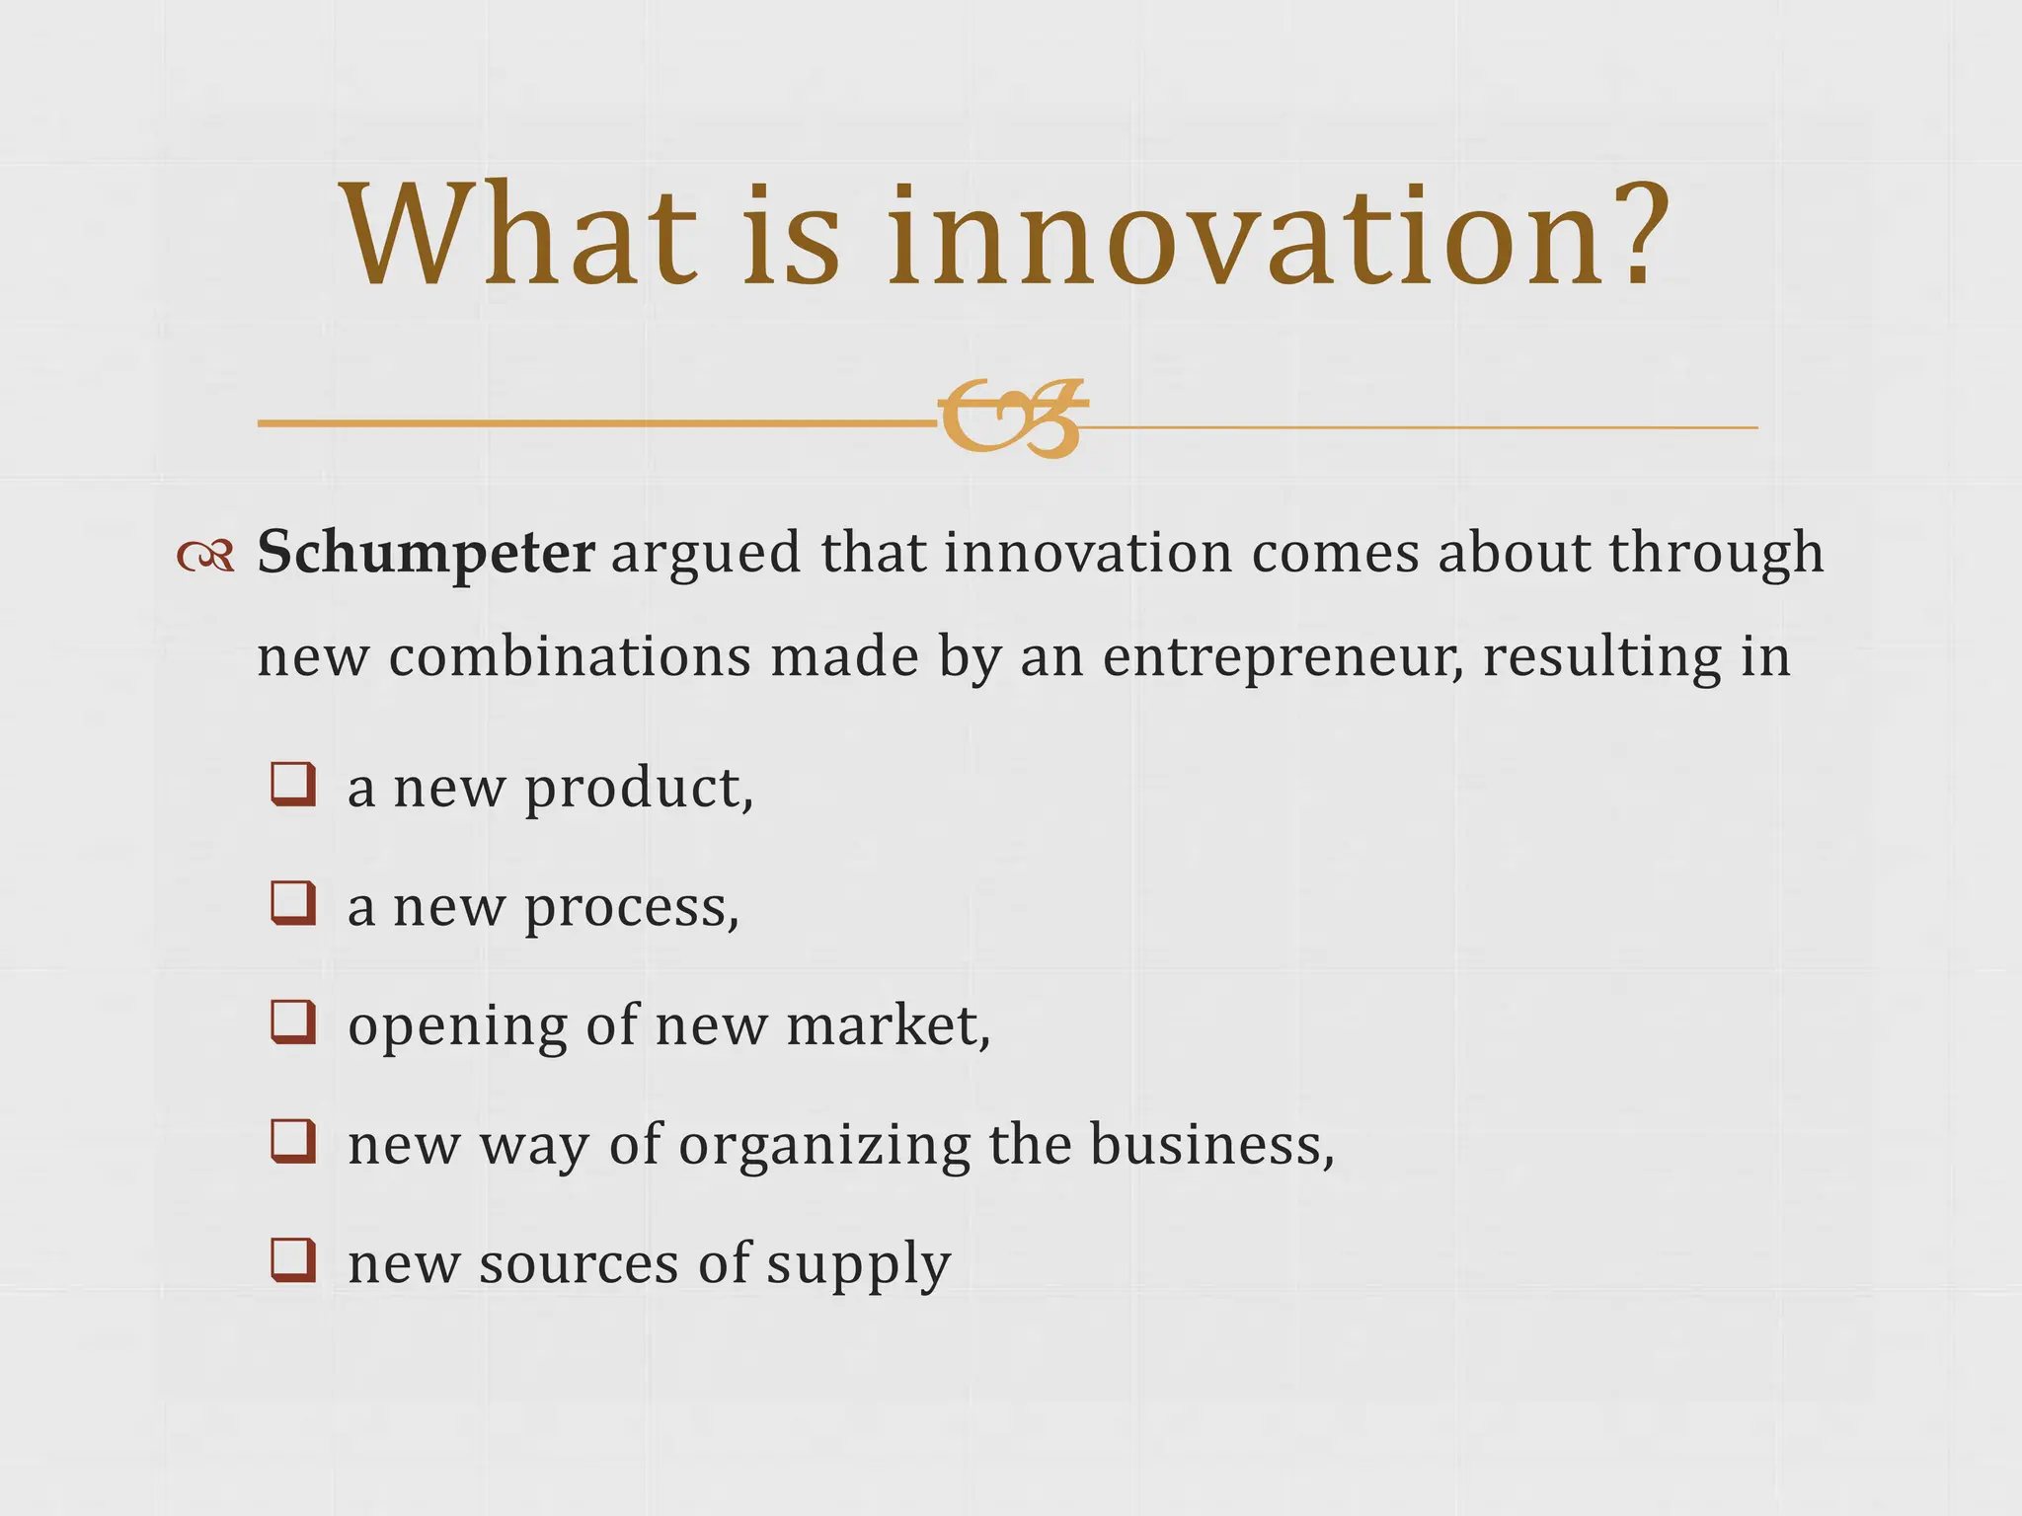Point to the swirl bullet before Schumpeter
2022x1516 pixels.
[205, 557]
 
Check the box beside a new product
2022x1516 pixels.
[293, 785]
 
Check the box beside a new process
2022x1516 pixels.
[293, 903]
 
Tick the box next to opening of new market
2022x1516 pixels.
[293, 1022]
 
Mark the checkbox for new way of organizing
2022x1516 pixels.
[293, 1141]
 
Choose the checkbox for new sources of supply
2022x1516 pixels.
[293, 1259]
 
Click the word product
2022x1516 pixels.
[638, 790]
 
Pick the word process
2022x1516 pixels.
[631, 908]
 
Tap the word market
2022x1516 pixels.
[888, 1026]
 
